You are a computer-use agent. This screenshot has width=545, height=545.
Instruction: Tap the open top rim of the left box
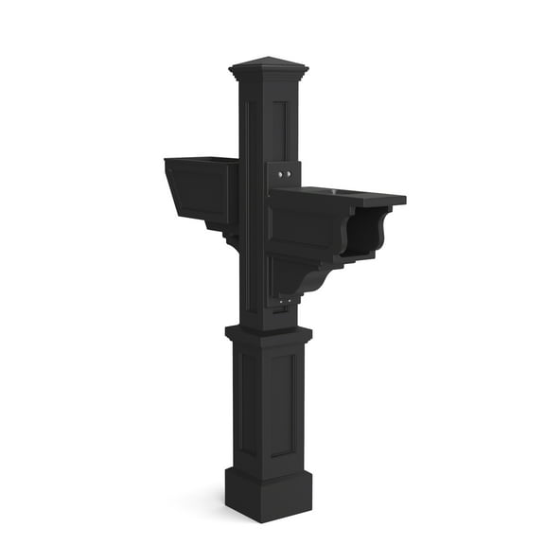pos(202,160)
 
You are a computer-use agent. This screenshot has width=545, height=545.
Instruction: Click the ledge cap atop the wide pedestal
pos(268,332)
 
